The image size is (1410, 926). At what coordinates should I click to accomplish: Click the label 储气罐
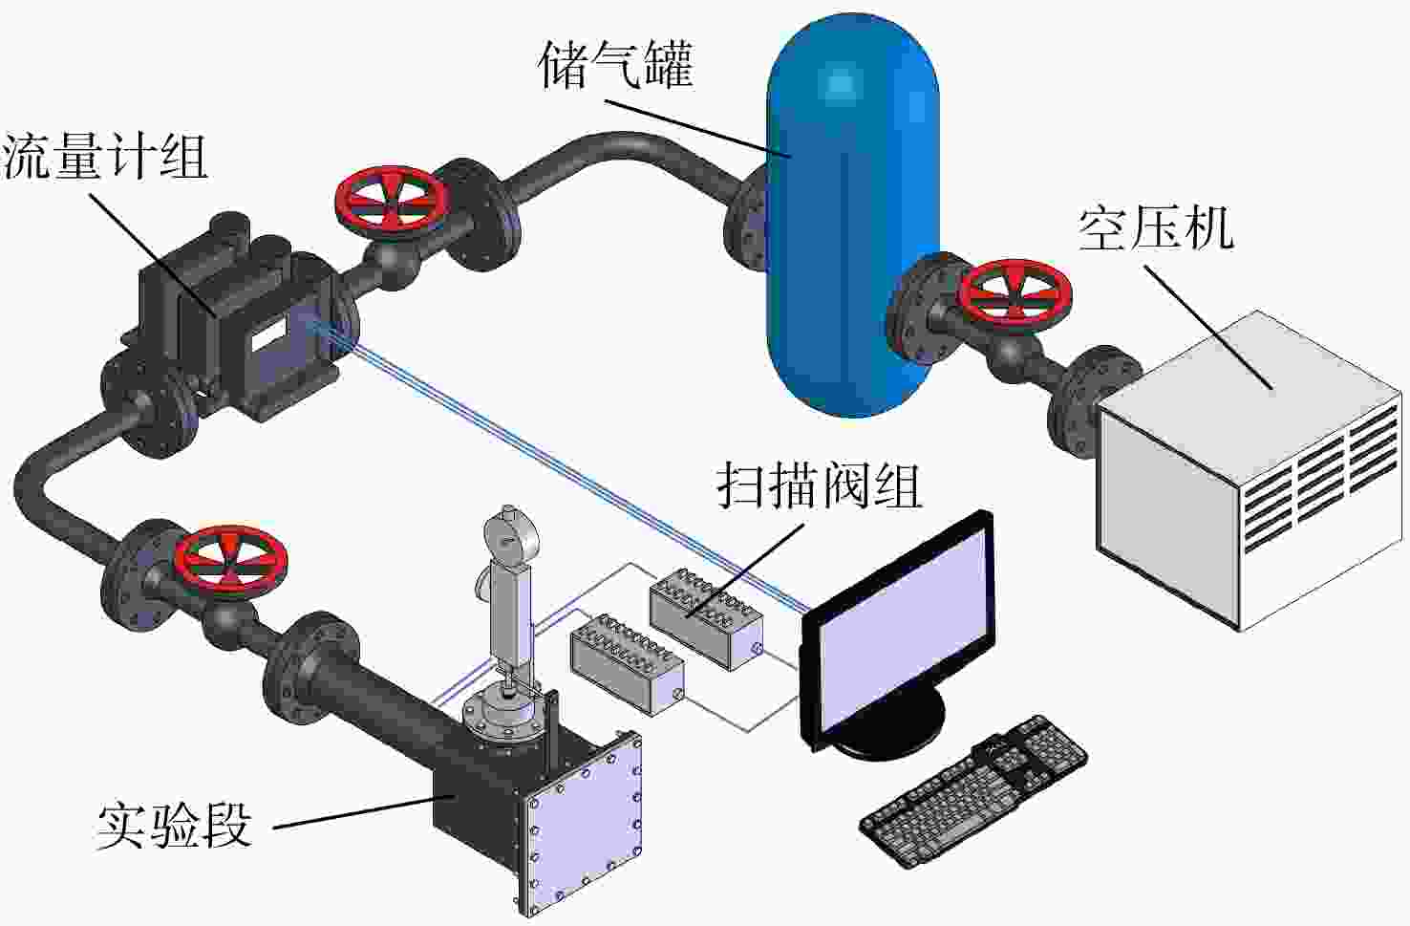[615, 64]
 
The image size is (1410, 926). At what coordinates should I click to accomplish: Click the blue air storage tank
[853, 214]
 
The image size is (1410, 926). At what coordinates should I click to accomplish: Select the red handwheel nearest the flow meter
[391, 204]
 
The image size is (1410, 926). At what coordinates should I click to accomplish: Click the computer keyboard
[973, 791]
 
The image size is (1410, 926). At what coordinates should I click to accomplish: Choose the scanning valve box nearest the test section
[628, 664]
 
